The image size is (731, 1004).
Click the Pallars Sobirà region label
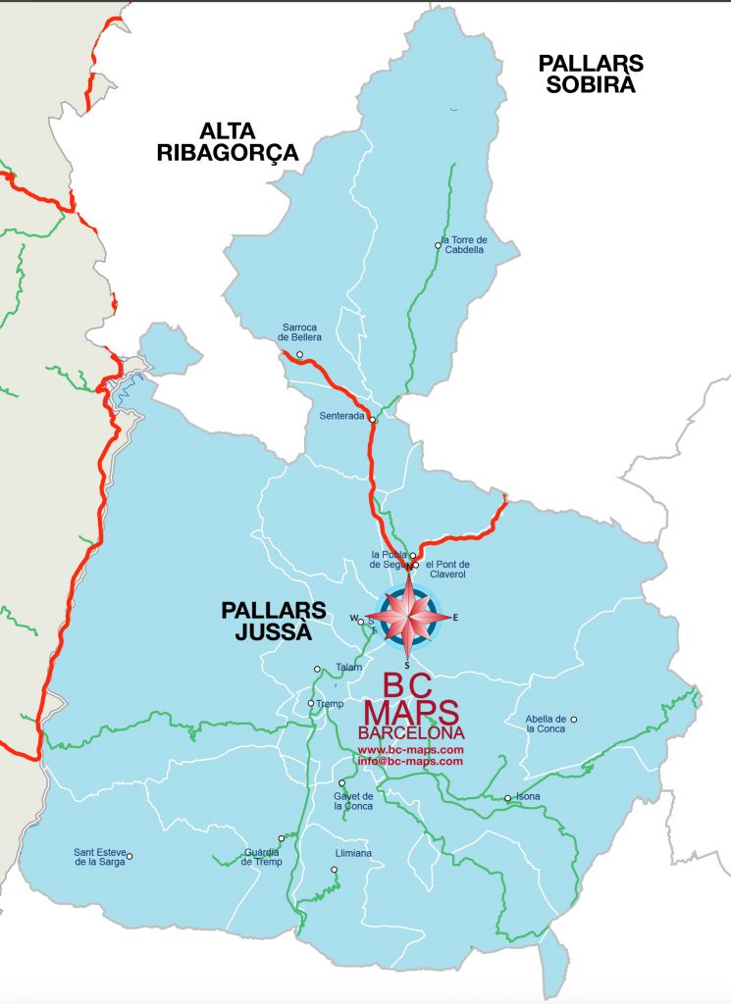tap(591, 74)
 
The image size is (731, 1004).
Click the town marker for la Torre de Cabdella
tap(438, 245)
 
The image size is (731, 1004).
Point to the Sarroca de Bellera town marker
tap(300, 354)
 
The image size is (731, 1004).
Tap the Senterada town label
tap(341, 416)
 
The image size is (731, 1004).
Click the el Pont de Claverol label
tap(448, 570)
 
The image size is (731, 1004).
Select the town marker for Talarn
tap(317, 670)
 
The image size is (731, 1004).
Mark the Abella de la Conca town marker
tap(574, 720)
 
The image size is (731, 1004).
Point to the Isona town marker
tap(507, 798)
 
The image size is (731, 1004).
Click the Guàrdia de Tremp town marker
tap(282, 838)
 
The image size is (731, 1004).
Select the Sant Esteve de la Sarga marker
tap(129, 856)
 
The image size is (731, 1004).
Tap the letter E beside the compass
tap(455, 618)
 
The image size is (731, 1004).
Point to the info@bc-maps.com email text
tap(410, 761)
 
